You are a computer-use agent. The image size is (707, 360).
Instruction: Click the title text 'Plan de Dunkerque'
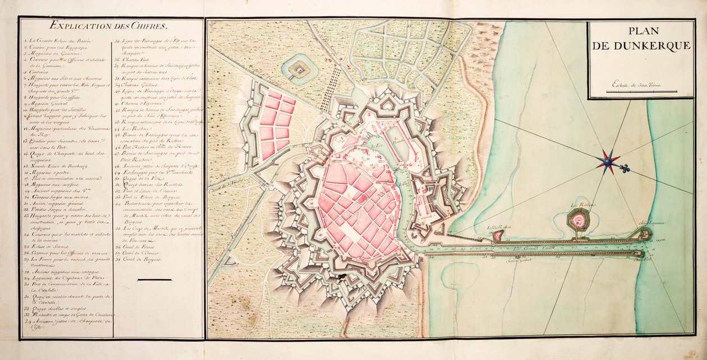coord(642,40)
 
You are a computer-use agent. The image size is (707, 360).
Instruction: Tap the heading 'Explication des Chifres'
coord(111,25)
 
